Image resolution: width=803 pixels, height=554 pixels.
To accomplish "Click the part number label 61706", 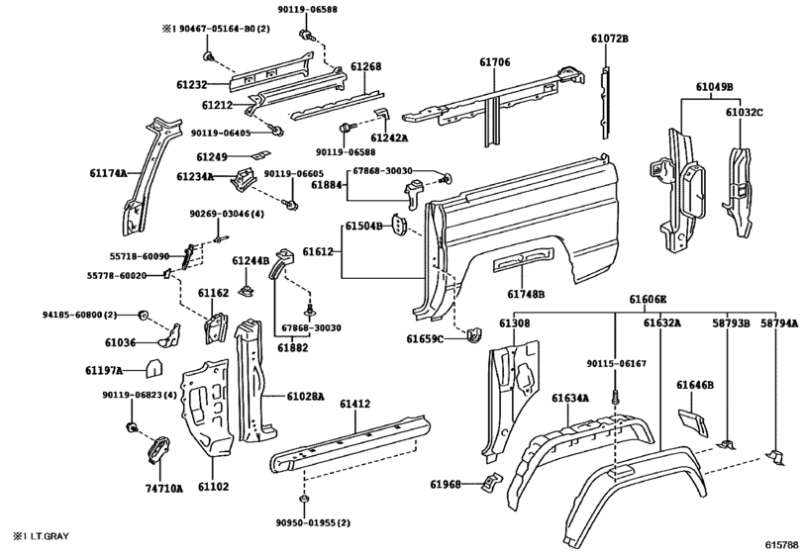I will pyautogui.click(x=495, y=62).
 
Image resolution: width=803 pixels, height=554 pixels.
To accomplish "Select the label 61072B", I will pyautogui.click(x=610, y=38).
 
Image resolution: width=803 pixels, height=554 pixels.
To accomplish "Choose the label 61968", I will pyautogui.click(x=447, y=484).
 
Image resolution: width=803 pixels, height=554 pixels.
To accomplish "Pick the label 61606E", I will pyautogui.click(x=648, y=299).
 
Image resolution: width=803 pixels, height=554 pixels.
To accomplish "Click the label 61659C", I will pyautogui.click(x=427, y=339).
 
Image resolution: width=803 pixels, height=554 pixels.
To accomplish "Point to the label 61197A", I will pyautogui.click(x=104, y=370).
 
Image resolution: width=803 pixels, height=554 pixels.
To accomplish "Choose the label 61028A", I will pyautogui.click(x=306, y=396).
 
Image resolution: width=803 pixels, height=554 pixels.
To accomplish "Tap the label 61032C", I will pyautogui.click(x=745, y=113).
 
